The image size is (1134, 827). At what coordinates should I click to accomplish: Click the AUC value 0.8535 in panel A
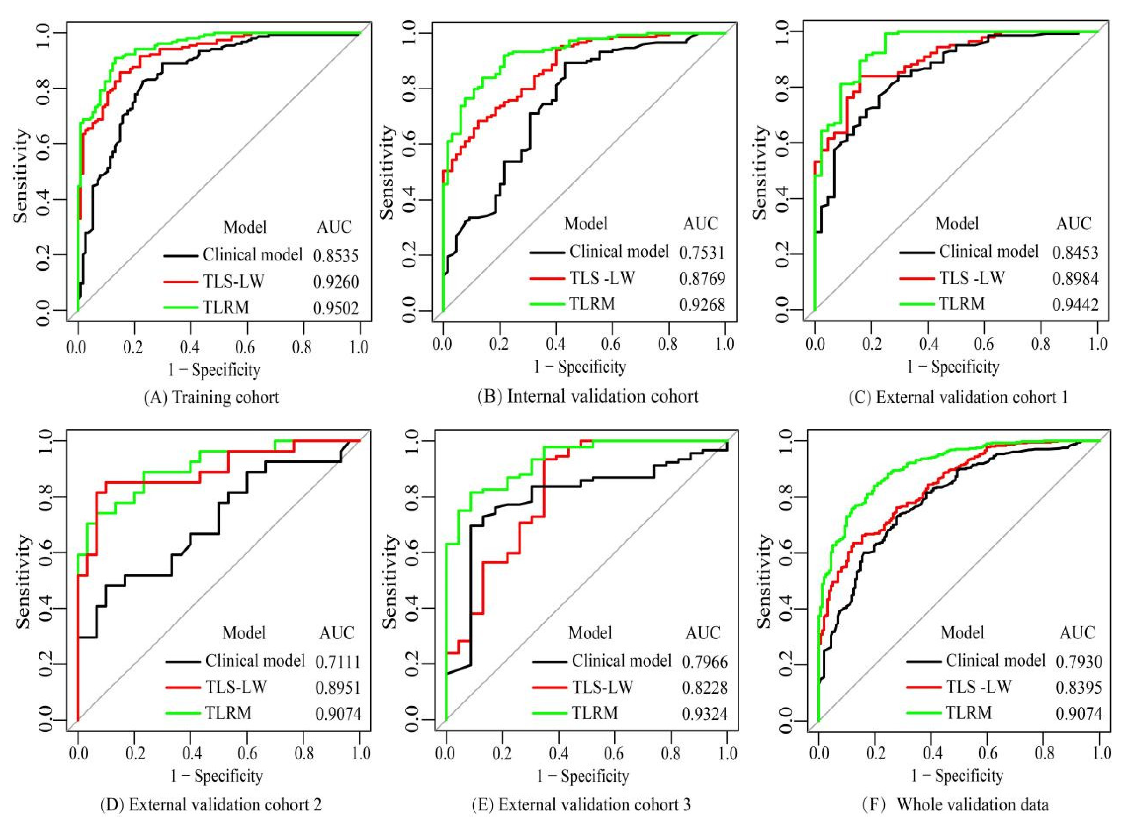tap(336, 256)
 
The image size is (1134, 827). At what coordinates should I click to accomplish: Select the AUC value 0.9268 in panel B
tap(702, 305)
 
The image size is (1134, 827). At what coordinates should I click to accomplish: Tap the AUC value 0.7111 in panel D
tap(338, 662)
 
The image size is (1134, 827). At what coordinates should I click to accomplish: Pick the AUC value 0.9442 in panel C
tap(1075, 305)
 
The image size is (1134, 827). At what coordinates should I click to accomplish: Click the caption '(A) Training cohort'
tap(211, 397)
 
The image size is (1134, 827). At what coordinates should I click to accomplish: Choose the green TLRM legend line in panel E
tap(549, 713)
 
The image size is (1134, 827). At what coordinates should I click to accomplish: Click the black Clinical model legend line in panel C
tap(917, 252)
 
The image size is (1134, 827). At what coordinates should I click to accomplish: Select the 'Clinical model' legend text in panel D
tap(255, 661)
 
